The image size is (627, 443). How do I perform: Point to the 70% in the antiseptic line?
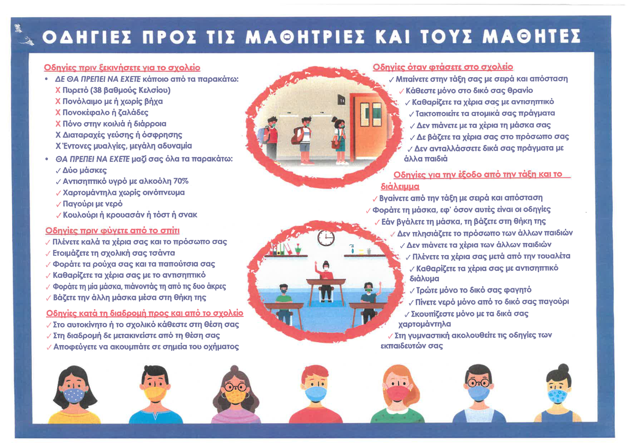[x=181, y=181]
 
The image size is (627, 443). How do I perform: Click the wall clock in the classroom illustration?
[x=326, y=238]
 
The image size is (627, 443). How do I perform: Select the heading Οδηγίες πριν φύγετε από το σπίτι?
[x=112, y=231]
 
